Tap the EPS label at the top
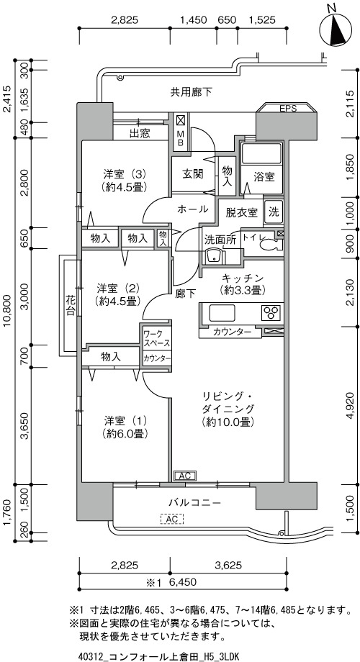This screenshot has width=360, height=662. coord(288,108)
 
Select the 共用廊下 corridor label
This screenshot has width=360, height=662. coord(192,91)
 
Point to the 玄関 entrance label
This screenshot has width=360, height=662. coord(193,173)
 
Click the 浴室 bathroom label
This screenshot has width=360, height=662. coord(264,177)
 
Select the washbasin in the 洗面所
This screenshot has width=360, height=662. coord(212,256)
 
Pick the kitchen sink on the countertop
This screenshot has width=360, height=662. coord(222,313)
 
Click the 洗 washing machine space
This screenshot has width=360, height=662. coord(274,212)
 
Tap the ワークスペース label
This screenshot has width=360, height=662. coord(157,337)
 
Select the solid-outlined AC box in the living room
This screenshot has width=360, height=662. coord(184,476)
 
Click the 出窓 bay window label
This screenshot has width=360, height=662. coord(140,135)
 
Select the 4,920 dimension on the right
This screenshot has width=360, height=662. coord(351,405)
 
